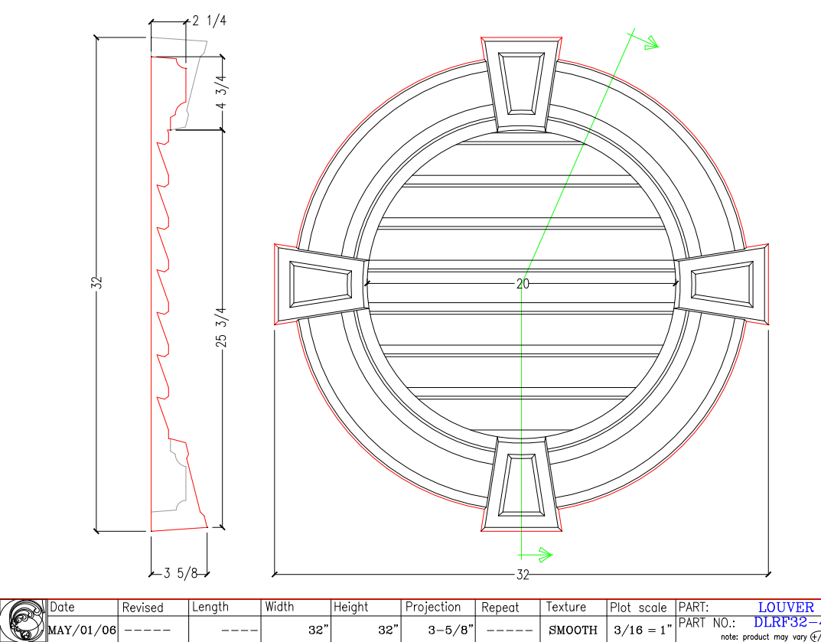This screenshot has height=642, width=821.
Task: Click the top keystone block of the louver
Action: point(522,83)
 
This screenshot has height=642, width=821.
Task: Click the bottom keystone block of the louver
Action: point(522,484)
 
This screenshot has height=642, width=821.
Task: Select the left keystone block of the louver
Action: point(321,284)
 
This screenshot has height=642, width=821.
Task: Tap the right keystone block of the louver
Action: point(722,284)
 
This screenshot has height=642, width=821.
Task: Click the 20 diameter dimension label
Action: point(523,284)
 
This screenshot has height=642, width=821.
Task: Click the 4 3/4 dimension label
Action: point(222,93)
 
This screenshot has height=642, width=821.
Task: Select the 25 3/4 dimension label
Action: point(222,328)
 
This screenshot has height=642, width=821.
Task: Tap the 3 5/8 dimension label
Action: point(181,572)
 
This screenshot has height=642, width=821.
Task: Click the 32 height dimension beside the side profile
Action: point(96,282)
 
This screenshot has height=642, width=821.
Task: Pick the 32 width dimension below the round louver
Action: point(523,574)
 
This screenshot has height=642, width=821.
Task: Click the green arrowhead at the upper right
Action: point(651,44)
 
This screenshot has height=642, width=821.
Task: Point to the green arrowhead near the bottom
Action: point(544,554)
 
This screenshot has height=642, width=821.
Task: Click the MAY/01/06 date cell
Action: point(83,630)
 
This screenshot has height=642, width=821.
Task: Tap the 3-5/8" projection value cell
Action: point(438,630)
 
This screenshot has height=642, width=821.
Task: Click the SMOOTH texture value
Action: point(573,630)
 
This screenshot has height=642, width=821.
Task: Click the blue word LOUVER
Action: point(786,608)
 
